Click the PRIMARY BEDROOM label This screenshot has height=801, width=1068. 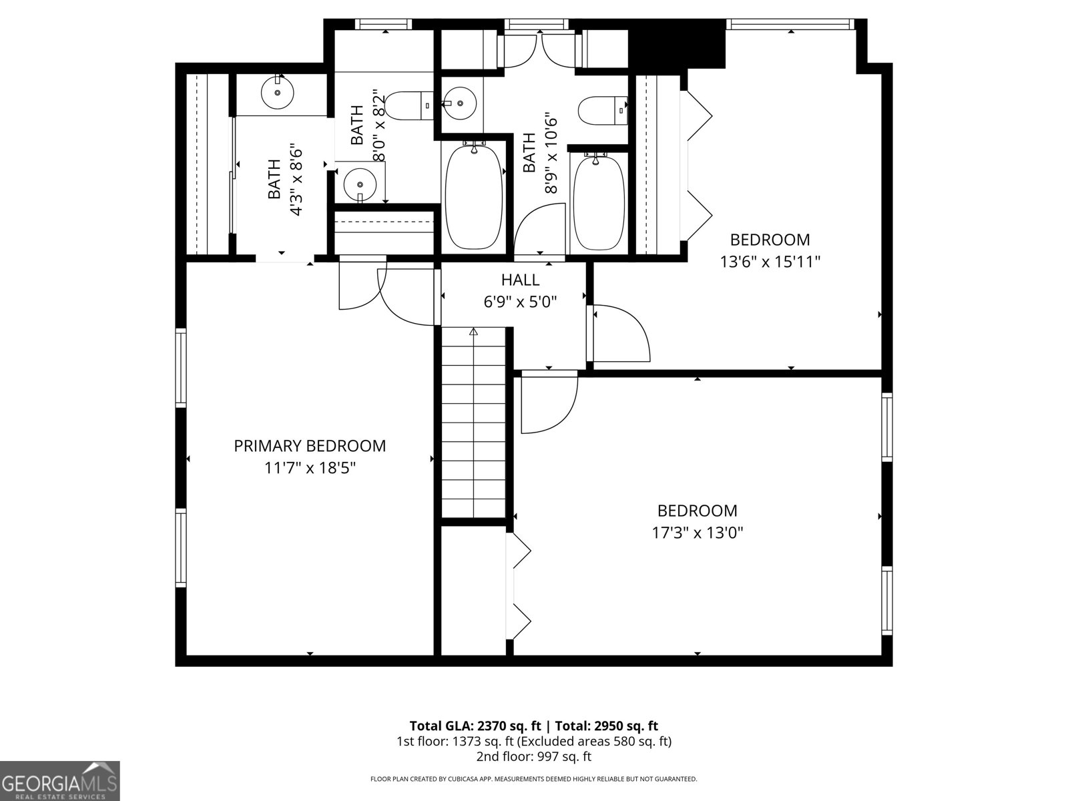310,445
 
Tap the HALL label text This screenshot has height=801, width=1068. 520,280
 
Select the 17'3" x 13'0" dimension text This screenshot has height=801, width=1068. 698,533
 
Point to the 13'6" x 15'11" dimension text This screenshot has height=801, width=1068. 770,262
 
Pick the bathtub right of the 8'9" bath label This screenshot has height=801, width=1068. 599,202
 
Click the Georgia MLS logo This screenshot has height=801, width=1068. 59,780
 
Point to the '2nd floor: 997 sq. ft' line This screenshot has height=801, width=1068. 533,756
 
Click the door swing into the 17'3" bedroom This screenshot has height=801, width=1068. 549,404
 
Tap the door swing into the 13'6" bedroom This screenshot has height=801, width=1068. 619,333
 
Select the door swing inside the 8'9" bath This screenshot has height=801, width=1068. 541,230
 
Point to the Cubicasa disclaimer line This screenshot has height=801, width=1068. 533,778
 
